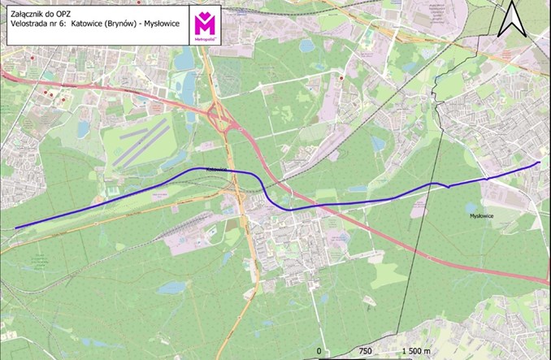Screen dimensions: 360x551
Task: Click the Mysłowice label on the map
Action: [x=483, y=215]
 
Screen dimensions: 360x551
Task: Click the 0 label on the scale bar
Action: [x=320, y=350]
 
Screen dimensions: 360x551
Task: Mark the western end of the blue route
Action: [x=16, y=228]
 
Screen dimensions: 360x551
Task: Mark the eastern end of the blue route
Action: [x=539, y=163]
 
